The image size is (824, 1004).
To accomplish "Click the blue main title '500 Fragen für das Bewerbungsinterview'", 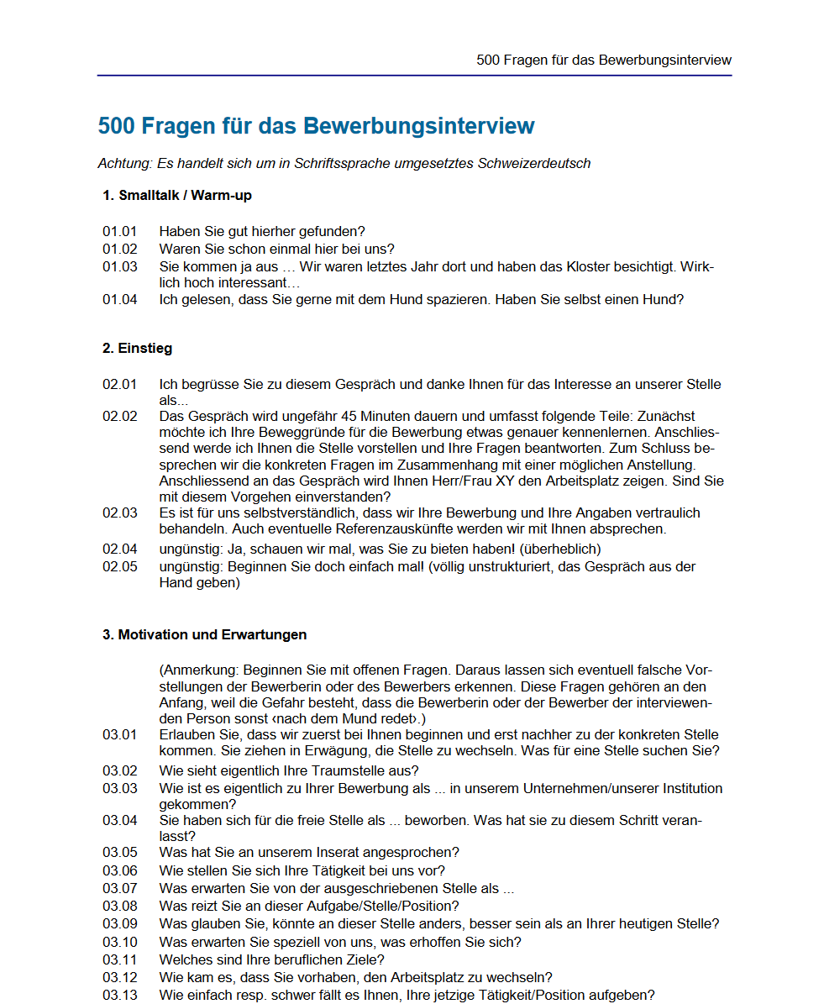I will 316,126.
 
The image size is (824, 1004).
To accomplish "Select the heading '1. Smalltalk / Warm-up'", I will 176,196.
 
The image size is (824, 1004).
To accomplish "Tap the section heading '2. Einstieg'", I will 138,348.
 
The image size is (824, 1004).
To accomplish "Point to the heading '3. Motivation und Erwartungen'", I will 204,634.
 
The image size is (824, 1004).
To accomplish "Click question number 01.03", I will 120,267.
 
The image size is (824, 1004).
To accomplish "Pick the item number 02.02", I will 120,417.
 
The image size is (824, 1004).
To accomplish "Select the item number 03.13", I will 120,996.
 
